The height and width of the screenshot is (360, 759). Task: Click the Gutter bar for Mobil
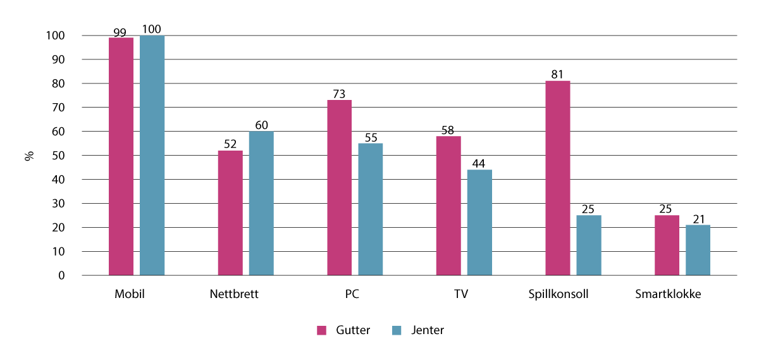pos(121,156)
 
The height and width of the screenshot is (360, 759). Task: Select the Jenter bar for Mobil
pos(152,156)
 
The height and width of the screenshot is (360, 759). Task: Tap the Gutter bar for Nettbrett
pos(230,213)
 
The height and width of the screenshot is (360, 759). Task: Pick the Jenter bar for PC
pos(370,209)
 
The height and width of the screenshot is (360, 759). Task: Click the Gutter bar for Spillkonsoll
pos(557,178)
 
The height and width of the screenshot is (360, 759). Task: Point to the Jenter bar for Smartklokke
pos(698,250)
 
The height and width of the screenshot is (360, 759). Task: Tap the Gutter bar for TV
pos(448,206)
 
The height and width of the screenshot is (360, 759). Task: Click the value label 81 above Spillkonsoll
pos(557,75)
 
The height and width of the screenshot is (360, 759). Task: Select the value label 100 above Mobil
pos(152,29)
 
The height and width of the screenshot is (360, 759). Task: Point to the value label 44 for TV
pos(479,163)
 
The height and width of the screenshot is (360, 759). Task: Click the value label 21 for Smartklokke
pos(698,218)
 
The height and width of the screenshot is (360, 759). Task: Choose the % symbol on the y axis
pos(29,156)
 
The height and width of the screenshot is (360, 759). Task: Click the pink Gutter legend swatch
pos(321,330)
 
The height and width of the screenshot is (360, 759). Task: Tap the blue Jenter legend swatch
pos(397,330)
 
